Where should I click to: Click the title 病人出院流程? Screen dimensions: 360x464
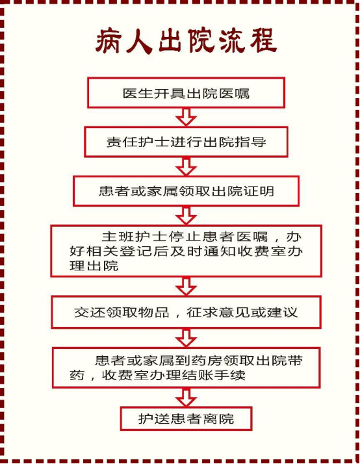[186, 41]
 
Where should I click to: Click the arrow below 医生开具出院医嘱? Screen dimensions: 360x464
[186, 118]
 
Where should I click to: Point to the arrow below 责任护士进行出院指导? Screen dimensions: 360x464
[186, 166]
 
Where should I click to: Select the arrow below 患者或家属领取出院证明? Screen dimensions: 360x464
[186, 216]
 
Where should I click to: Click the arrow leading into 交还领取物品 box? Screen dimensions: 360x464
[186, 287]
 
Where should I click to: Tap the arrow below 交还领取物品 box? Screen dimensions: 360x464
[186, 338]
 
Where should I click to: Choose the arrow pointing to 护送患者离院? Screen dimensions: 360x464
[186, 398]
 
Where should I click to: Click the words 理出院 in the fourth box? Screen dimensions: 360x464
[94, 266]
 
